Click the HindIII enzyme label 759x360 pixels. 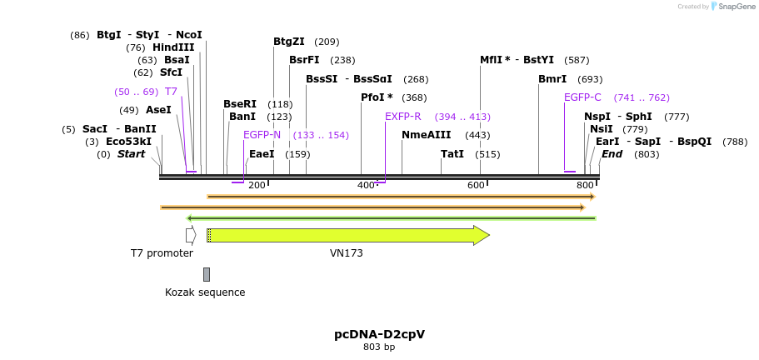point(172,47)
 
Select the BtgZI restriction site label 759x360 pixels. point(289,42)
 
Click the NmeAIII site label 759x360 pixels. point(426,135)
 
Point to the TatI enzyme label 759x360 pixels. point(452,154)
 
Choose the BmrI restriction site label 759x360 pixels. point(552,79)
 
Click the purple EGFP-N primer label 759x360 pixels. point(262,135)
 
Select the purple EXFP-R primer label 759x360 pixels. point(402,117)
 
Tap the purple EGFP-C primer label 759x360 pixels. point(582,97)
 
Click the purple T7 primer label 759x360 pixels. point(171,92)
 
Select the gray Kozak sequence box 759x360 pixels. point(207,274)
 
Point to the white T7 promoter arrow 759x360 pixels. point(191,235)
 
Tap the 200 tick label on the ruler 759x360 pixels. point(257,185)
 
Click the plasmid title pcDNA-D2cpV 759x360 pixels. point(379,334)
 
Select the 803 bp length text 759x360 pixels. point(379,347)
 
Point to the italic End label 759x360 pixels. point(612,154)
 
